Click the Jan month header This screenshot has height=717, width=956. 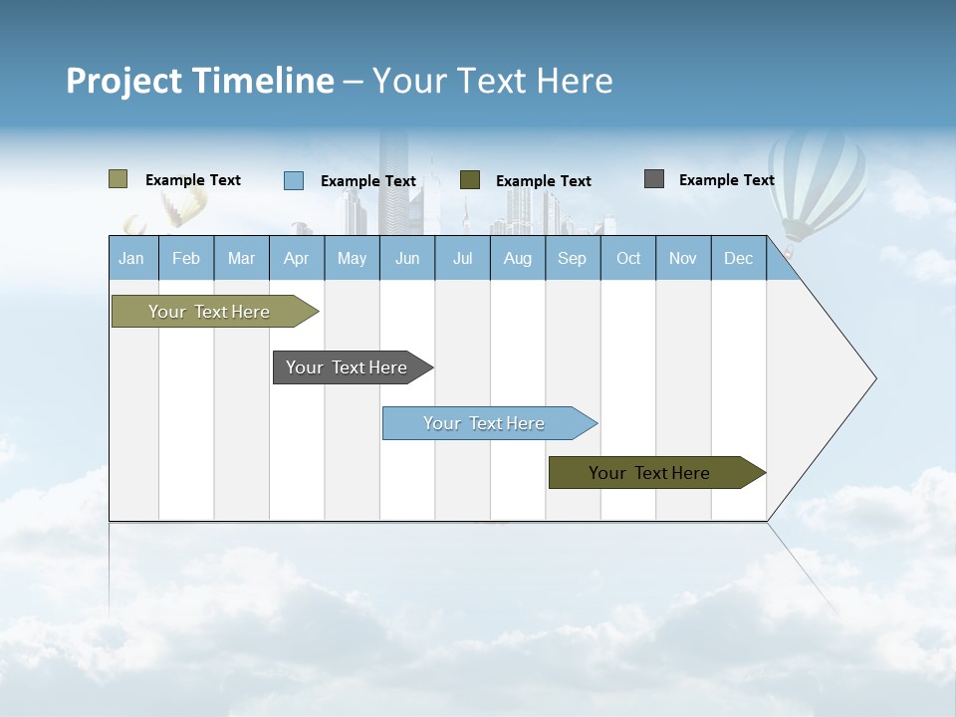click(131, 259)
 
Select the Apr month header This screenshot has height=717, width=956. click(296, 259)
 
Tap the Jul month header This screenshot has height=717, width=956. click(462, 259)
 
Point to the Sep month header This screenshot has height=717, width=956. click(572, 259)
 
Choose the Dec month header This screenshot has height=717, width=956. click(738, 259)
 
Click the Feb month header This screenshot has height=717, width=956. click(186, 259)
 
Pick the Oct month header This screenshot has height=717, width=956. click(628, 259)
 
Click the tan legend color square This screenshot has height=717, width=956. click(118, 179)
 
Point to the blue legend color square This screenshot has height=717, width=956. click(294, 180)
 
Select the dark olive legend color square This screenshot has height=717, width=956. click(470, 180)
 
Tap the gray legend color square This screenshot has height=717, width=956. click(654, 179)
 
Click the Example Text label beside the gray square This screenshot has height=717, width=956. click(726, 180)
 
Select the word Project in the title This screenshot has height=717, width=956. click(123, 81)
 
